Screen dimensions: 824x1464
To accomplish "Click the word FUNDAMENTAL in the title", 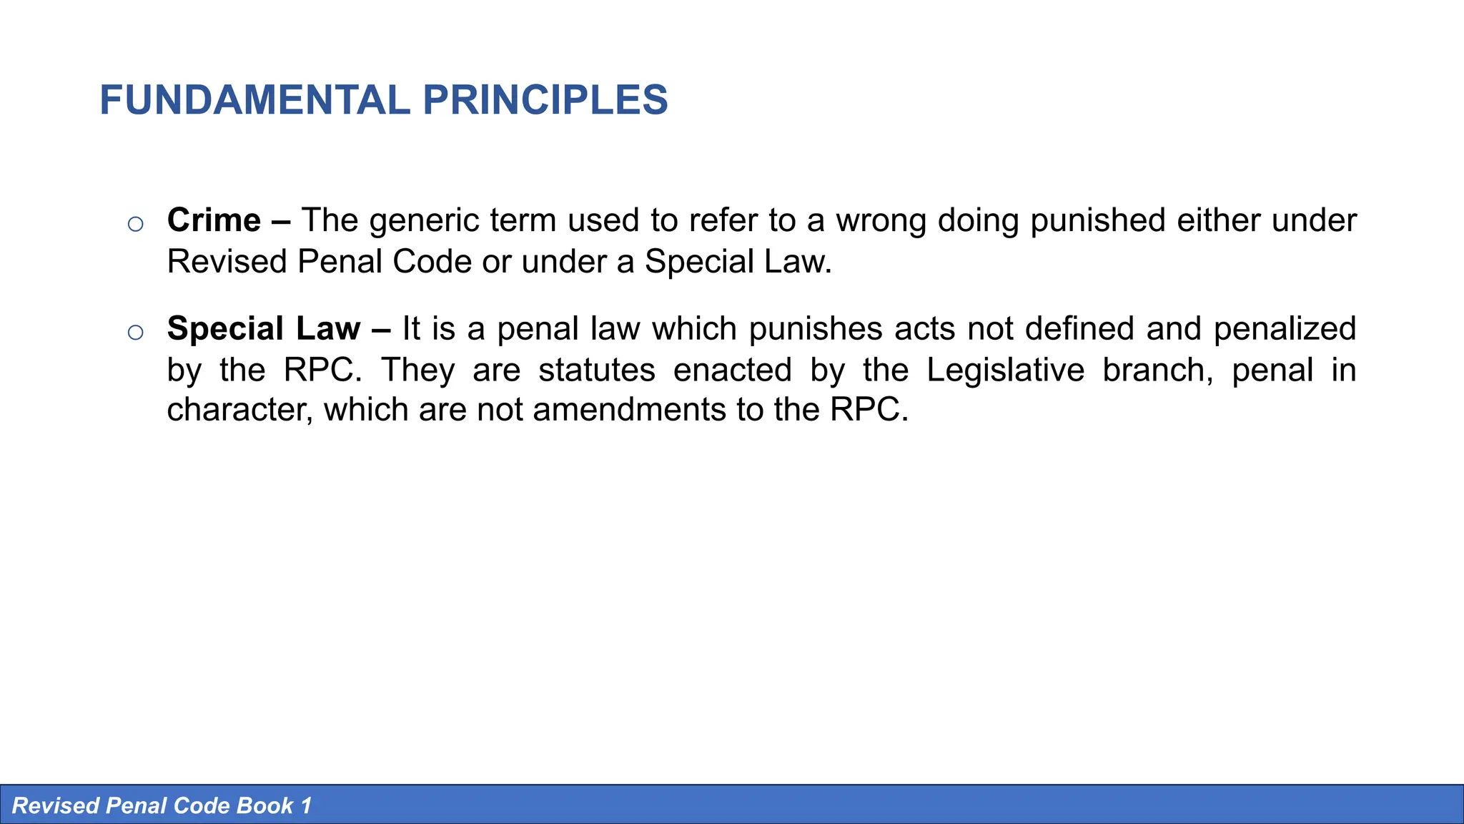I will pos(254,100).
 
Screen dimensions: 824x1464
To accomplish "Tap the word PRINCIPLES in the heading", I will pos(545,100).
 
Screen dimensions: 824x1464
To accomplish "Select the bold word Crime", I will pos(214,220).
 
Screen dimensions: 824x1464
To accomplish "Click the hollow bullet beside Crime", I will pos(135,225).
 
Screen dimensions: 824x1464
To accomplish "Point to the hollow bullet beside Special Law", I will pos(135,333).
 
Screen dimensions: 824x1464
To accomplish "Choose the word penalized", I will pos(1285,329).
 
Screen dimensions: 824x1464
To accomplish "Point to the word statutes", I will pos(597,371).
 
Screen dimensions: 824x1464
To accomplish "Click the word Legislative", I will pos(1005,371).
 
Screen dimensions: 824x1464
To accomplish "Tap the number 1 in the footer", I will pos(306,806).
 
